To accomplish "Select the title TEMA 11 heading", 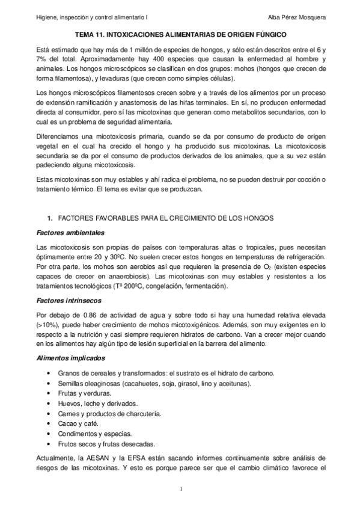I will tap(180, 36).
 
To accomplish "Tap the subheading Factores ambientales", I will tap(70, 233).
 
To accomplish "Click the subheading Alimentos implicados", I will tap(70, 359).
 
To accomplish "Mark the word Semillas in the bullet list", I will tap(72, 383).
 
